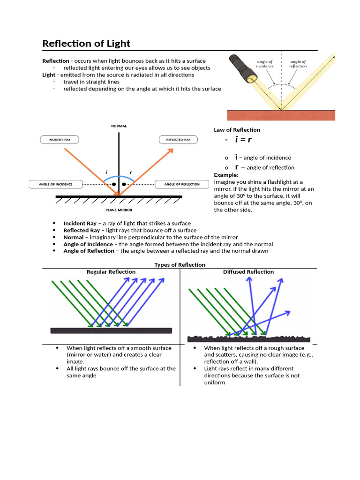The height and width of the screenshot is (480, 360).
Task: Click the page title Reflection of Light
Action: click(86, 44)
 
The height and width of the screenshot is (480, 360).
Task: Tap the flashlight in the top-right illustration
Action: click(242, 68)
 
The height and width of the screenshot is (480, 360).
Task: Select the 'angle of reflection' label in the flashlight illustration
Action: click(298, 64)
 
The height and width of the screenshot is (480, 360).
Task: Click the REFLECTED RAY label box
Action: click(178, 140)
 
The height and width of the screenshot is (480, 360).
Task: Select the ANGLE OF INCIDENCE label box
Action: click(56, 184)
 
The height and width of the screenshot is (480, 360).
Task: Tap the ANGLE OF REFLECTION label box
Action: click(181, 184)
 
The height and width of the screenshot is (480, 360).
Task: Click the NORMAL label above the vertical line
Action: click(119, 126)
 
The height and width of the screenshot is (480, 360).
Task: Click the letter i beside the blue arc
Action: click(106, 172)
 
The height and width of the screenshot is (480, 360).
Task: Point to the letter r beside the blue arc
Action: click(131, 172)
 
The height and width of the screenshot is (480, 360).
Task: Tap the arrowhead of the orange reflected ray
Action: click(171, 151)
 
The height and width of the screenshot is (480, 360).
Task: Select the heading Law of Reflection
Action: click(237, 130)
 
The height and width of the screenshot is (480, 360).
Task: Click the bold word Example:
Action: click(226, 175)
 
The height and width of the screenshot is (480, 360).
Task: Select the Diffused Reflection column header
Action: click(248, 272)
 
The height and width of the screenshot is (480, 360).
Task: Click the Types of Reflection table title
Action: click(180, 265)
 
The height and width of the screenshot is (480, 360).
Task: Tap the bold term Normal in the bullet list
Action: click(74, 237)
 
